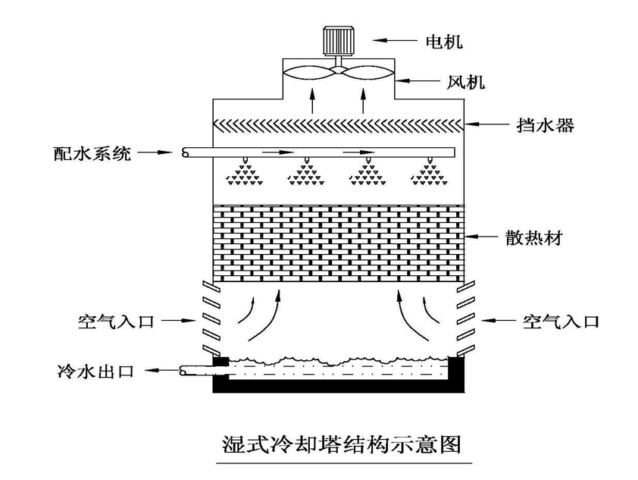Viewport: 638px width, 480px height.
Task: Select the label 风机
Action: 460,80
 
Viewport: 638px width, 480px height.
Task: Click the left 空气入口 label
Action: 116,322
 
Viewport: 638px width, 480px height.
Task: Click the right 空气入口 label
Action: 561,322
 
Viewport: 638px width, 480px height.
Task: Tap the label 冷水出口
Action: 95,372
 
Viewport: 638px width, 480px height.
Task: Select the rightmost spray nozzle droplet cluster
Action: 428,175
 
